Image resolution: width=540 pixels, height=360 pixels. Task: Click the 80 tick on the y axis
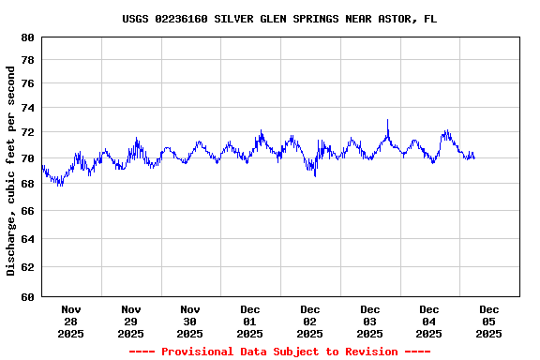[26, 37]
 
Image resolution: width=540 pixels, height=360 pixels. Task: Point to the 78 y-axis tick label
[26, 60]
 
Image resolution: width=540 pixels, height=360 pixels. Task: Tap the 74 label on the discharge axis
[26, 108]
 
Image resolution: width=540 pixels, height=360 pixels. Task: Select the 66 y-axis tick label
[26, 212]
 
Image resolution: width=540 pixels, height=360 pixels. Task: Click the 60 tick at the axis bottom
[26, 297]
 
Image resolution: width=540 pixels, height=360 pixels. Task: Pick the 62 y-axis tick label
[26, 268]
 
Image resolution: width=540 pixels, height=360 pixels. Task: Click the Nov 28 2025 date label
[70, 321]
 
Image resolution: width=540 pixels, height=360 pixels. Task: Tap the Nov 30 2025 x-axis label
[189, 321]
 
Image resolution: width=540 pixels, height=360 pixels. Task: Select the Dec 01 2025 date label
[249, 321]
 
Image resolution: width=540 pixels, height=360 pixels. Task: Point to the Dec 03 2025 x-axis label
[369, 321]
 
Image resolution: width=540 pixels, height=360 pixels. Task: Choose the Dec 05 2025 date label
[488, 321]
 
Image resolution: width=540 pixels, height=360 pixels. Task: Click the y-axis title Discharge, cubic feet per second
[11, 171]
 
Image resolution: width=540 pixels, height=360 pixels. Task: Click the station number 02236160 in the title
[184, 19]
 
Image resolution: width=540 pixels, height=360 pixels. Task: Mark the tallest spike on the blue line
[387, 120]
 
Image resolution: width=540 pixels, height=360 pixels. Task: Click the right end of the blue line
[473, 157]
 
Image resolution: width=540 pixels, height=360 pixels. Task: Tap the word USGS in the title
[137, 19]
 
